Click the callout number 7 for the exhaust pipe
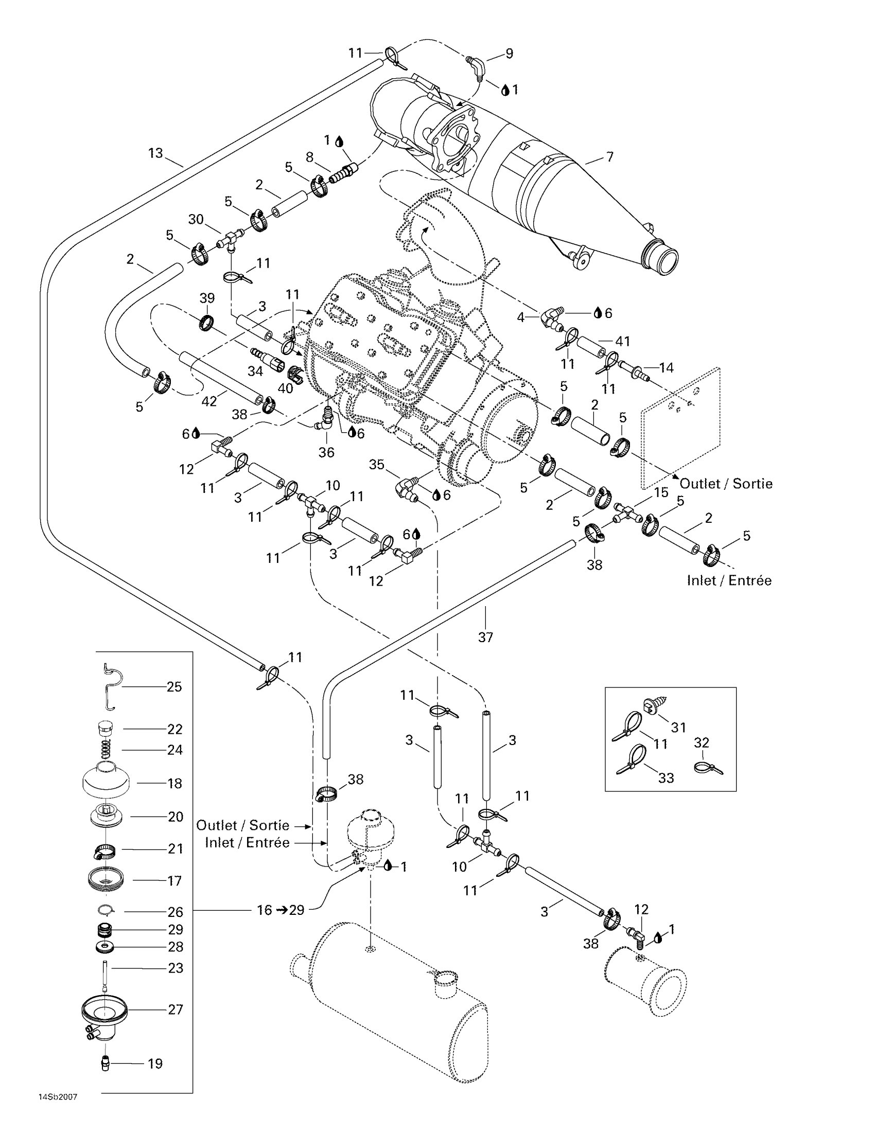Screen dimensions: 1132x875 click(609, 156)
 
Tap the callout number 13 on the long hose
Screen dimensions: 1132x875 click(155, 153)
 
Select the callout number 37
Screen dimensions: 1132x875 click(485, 637)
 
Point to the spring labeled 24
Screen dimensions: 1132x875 click(106, 749)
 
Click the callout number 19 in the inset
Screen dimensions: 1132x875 click(155, 1064)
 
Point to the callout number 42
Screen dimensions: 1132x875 click(209, 401)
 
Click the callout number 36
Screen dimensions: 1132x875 click(326, 452)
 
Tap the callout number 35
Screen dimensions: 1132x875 click(376, 465)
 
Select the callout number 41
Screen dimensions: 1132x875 click(623, 341)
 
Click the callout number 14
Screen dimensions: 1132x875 click(666, 367)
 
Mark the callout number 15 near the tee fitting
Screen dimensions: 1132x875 click(661, 492)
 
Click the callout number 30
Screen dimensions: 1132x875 click(196, 219)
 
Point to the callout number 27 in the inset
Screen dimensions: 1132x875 click(176, 1009)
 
